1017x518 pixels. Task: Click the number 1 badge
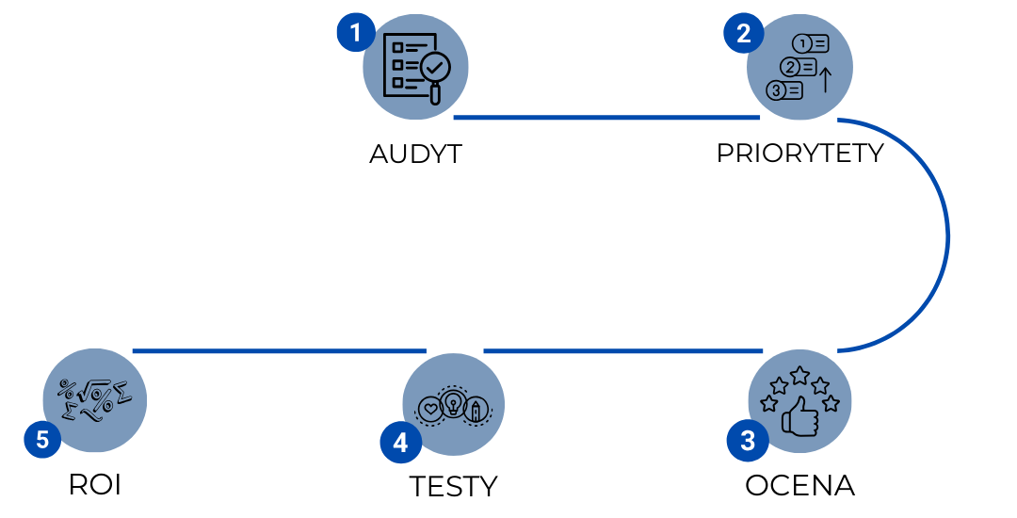click(x=355, y=34)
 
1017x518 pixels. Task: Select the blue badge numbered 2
click(x=743, y=34)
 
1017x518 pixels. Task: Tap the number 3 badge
click(x=747, y=441)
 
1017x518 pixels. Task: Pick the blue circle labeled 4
click(x=400, y=443)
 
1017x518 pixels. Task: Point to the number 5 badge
click(x=42, y=439)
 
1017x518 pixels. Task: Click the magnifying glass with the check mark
click(x=435, y=69)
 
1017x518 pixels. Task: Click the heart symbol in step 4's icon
click(x=429, y=410)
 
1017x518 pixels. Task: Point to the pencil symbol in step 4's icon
click(x=476, y=410)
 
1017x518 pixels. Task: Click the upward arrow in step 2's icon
click(x=825, y=79)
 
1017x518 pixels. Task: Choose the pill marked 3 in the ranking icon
click(x=784, y=90)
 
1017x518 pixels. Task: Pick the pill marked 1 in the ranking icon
click(x=811, y=43)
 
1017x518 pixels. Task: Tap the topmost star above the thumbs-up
click(x=799, y=375)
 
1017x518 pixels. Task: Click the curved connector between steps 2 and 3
click(x=946, y=235)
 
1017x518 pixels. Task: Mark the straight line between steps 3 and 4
click(x=622, y=351)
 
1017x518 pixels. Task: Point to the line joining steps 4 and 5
click(x=279, y=351)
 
